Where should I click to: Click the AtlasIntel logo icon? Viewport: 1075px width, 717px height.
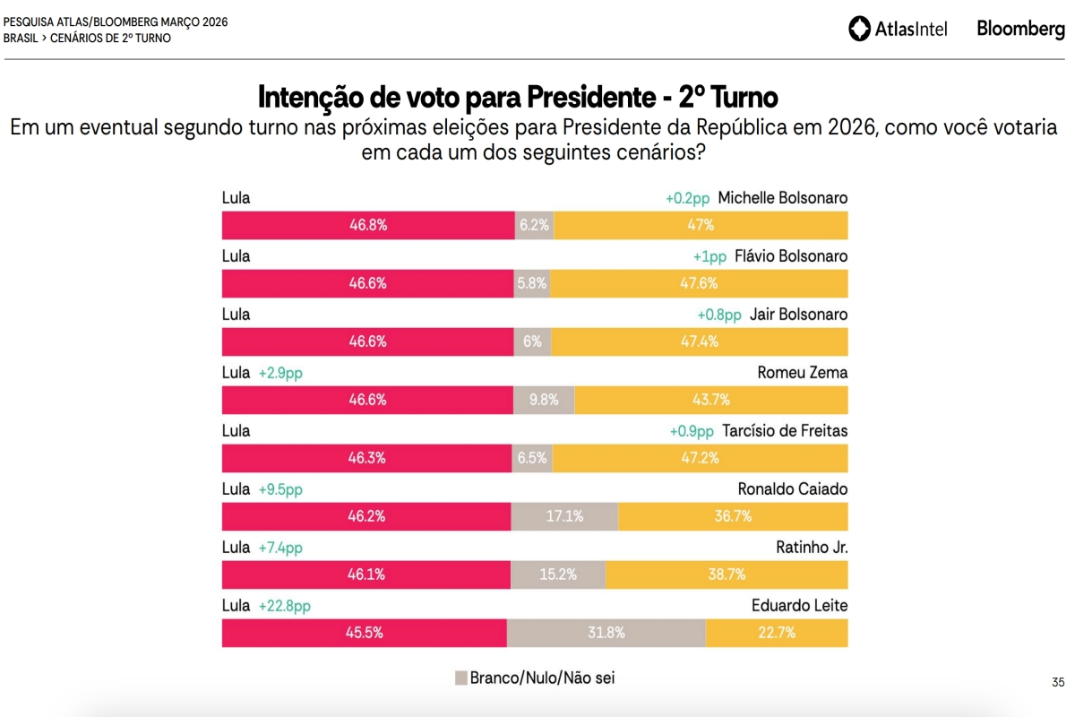pos(859,29)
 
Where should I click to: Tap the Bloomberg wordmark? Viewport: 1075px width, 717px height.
pos(1020,29)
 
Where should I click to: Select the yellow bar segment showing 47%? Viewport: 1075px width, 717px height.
pos(701,225)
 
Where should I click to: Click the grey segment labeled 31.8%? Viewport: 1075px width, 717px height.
pos(606,633)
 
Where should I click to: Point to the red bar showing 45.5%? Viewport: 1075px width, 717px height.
pos(365,633)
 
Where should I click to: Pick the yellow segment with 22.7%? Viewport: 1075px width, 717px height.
pos(777,633)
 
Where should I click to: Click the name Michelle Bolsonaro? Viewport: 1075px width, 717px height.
pos(783,198)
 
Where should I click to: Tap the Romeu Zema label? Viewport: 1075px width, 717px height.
pos(803,373)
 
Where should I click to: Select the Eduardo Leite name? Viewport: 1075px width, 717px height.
pos(799,606)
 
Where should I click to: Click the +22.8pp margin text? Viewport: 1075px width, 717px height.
pos(285,606)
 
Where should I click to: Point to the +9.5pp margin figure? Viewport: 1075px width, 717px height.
pos(280,489)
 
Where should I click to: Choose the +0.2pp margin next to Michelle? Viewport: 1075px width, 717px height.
pos(687,198)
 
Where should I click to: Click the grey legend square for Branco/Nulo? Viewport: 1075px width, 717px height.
pos(461,678)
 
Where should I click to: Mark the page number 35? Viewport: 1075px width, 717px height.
pos(1058,682)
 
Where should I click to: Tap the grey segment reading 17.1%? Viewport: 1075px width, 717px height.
pos(565,516)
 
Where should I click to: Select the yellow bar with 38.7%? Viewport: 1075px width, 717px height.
pos(727,574)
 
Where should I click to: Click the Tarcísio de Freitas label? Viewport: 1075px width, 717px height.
pos(785,431)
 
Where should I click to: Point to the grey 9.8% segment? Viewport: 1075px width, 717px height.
pos(544,400)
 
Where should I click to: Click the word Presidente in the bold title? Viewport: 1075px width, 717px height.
pos(591,98)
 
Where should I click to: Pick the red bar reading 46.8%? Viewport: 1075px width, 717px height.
pos(368,225)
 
